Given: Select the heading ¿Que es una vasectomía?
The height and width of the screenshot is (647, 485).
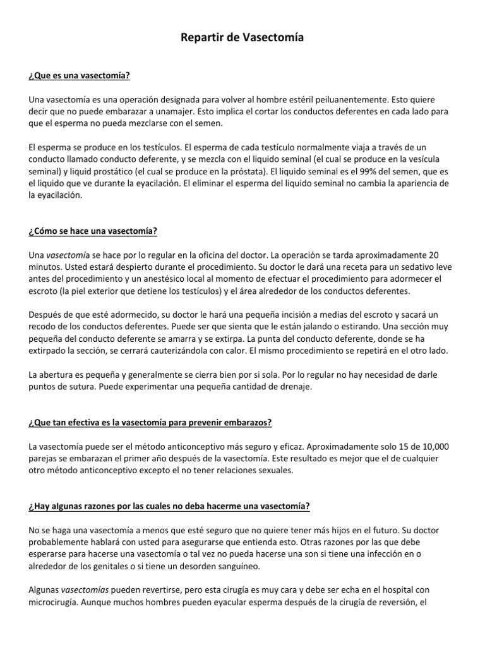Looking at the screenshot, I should pos(79,76).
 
